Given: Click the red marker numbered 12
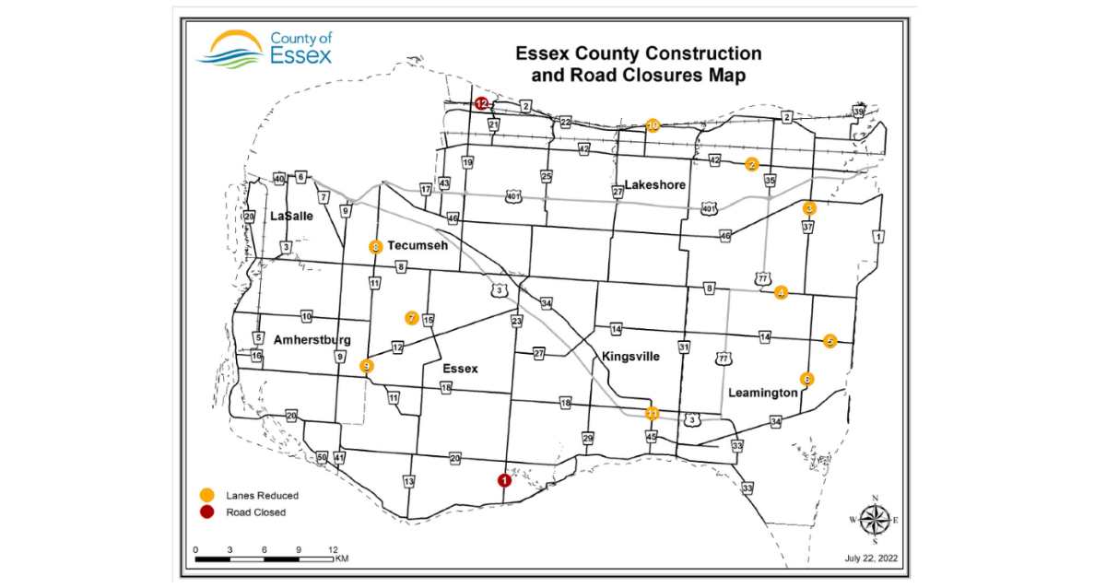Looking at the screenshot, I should (481, 103).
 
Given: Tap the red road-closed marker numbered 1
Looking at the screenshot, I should (503, 480).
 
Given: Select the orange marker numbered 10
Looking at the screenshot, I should (653, 125).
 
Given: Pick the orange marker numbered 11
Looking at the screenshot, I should (652, 412).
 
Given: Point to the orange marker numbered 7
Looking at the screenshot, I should (411, 318).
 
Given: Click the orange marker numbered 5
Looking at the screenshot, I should (829, 340).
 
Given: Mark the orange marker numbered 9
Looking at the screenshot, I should (367, 366).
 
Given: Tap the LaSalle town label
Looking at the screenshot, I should (291, 217).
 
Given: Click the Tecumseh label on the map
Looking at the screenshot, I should (418, 246).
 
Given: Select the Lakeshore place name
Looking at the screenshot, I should (655, 185).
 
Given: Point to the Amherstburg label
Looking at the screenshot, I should (312, 340).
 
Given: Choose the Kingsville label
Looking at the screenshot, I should (630, 357).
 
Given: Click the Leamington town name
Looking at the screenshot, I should (762, 393).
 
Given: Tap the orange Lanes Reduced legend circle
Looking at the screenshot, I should (208, 495).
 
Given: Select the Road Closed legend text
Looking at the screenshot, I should (255, 512).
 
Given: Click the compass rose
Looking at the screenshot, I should (874, 520).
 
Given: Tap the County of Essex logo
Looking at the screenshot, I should (264, 49).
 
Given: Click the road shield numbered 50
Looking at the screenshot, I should (322, 458).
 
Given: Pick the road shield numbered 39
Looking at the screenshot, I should (858, 112).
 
